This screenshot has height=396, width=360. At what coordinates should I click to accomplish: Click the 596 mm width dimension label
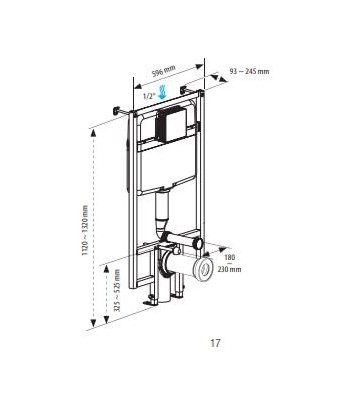coord(164,71)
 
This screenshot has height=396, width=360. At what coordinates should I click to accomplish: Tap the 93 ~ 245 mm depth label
coord(249,71)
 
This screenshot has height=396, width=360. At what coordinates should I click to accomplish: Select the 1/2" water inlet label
coord(149,96)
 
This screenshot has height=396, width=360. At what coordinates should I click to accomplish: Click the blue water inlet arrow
coord(163,92)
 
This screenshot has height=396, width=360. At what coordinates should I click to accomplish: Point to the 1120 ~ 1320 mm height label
coord(85,230)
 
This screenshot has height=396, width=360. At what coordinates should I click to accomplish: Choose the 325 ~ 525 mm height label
coord(117,290)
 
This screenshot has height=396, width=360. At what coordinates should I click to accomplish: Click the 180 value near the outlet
coord(230,257)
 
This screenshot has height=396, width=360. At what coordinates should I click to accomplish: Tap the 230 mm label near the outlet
coord(229,269)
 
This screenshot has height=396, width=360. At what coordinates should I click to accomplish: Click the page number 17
coord(215,343)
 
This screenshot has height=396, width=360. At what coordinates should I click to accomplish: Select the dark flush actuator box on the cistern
coord(170,125)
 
